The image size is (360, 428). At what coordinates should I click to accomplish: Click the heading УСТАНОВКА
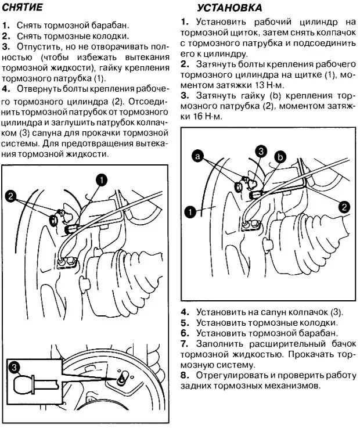[x=229, y=8]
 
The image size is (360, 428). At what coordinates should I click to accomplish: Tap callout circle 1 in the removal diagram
[x=102, y=181]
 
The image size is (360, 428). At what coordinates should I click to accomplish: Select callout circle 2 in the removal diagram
[x=10, y=196]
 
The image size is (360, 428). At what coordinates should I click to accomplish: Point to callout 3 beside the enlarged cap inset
[x=15, y=367]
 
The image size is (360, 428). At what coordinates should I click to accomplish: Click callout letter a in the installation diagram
[x=199, y=156]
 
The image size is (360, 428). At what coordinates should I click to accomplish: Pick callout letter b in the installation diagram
[x=280, y=156]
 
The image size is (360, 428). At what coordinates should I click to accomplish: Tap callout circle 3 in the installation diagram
[x=261, y=151]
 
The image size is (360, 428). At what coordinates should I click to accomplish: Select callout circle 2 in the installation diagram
[x=344, y=206]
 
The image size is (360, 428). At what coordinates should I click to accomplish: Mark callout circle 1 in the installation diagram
[x=189, y=210]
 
